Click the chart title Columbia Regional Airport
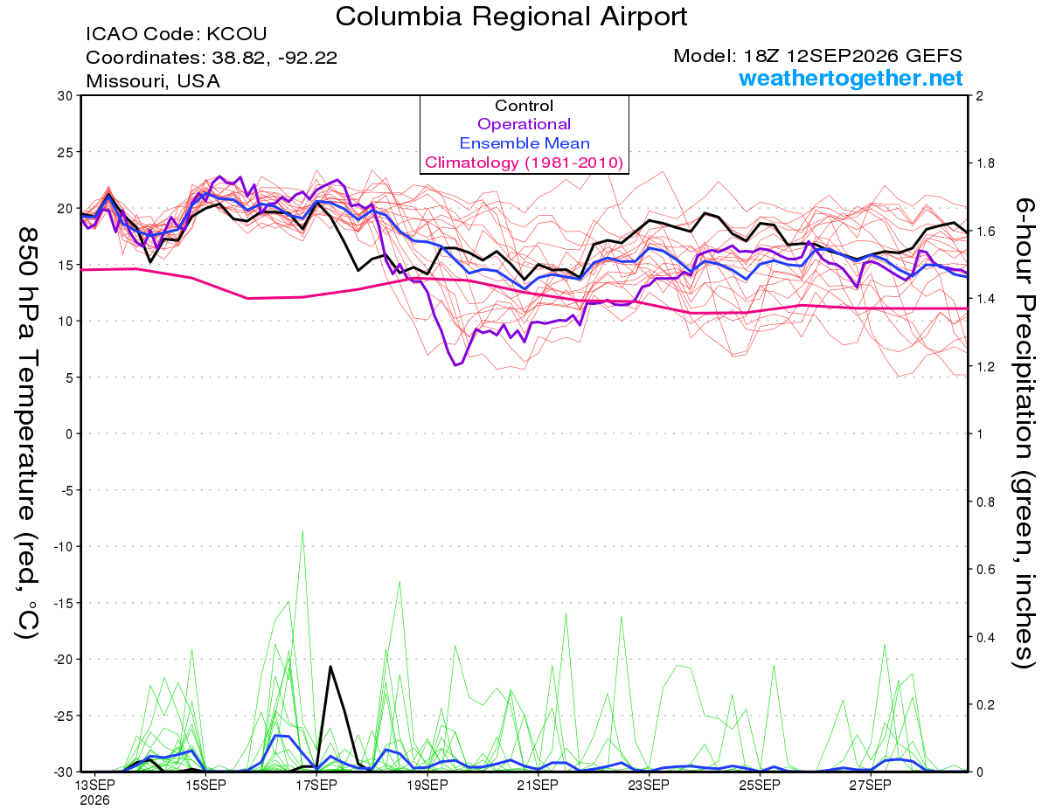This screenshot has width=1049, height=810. [x=511, y=17]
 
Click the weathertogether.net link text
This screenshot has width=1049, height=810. [x=851, y=78]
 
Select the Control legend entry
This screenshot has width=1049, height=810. [x=524, y=106]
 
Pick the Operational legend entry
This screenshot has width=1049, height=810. [x=524, y=124]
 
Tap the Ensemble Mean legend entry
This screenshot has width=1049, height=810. [x=524, y=143]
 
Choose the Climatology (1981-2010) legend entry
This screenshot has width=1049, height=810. [x=524, y=163]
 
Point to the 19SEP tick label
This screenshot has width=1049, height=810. [x=427, y=785]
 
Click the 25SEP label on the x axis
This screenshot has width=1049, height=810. [x=760, y=785]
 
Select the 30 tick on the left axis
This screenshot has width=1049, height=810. [x=66, y=96]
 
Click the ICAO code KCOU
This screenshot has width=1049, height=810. [x=237, y=34]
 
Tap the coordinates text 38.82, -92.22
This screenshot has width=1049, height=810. [x=274, y=58]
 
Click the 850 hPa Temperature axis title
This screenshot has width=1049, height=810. [x=27, y=433]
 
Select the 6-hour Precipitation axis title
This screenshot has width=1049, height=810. [x=1024, y=433]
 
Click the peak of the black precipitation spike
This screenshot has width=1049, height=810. [x=330, y=666]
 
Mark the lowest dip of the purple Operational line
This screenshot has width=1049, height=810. [x=455, y=365]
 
